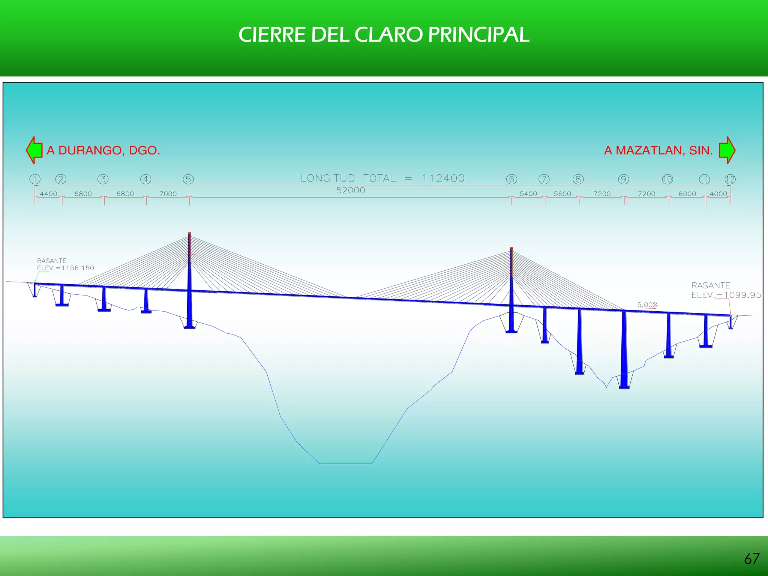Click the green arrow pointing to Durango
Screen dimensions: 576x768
pyautogui.click(x=34, y=150)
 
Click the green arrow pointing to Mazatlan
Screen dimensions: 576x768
pyautogui.click(x=727, y=150)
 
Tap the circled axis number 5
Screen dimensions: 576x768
pyautogui.click(x=188, y=179)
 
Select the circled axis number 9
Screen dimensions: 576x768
pyautogui.click(x=623, y=179)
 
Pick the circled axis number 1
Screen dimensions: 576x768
pyautogui.click(x=35, y=179)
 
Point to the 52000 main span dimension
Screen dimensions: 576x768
pyautogui.click(x=351, y=190)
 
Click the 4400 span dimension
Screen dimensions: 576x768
pyautogui.click(x=48, y=194)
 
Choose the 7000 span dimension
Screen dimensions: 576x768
pyautogui.click(x=168, y=194)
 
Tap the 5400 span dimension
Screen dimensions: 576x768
pyautogui.click(x=528, y=194)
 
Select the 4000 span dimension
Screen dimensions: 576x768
pyautogui.click(x=718, y=194)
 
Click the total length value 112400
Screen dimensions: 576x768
pyautogui.click(x=443, y=178)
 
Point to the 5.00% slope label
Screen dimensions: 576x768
pyautogui.click(x=647, y=305)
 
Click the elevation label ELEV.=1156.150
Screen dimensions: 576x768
pyautogui.click(x=66, y=268)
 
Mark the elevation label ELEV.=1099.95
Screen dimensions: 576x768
pyautogui.click(x=726, y=295)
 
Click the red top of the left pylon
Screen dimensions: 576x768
pyautogui.click(x=190, y=234)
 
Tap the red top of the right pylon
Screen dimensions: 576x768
pyautogui.click(x=511, y=249)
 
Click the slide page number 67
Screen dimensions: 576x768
pyautogui.click(x=751, y=559)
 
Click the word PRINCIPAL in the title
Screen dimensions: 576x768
pyautogui.click(x=478, y=35)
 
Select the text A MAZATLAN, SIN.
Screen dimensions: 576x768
pyautogui.click(x=658, y=150)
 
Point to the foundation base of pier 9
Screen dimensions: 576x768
pyautogui.click(x=624, y=387)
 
